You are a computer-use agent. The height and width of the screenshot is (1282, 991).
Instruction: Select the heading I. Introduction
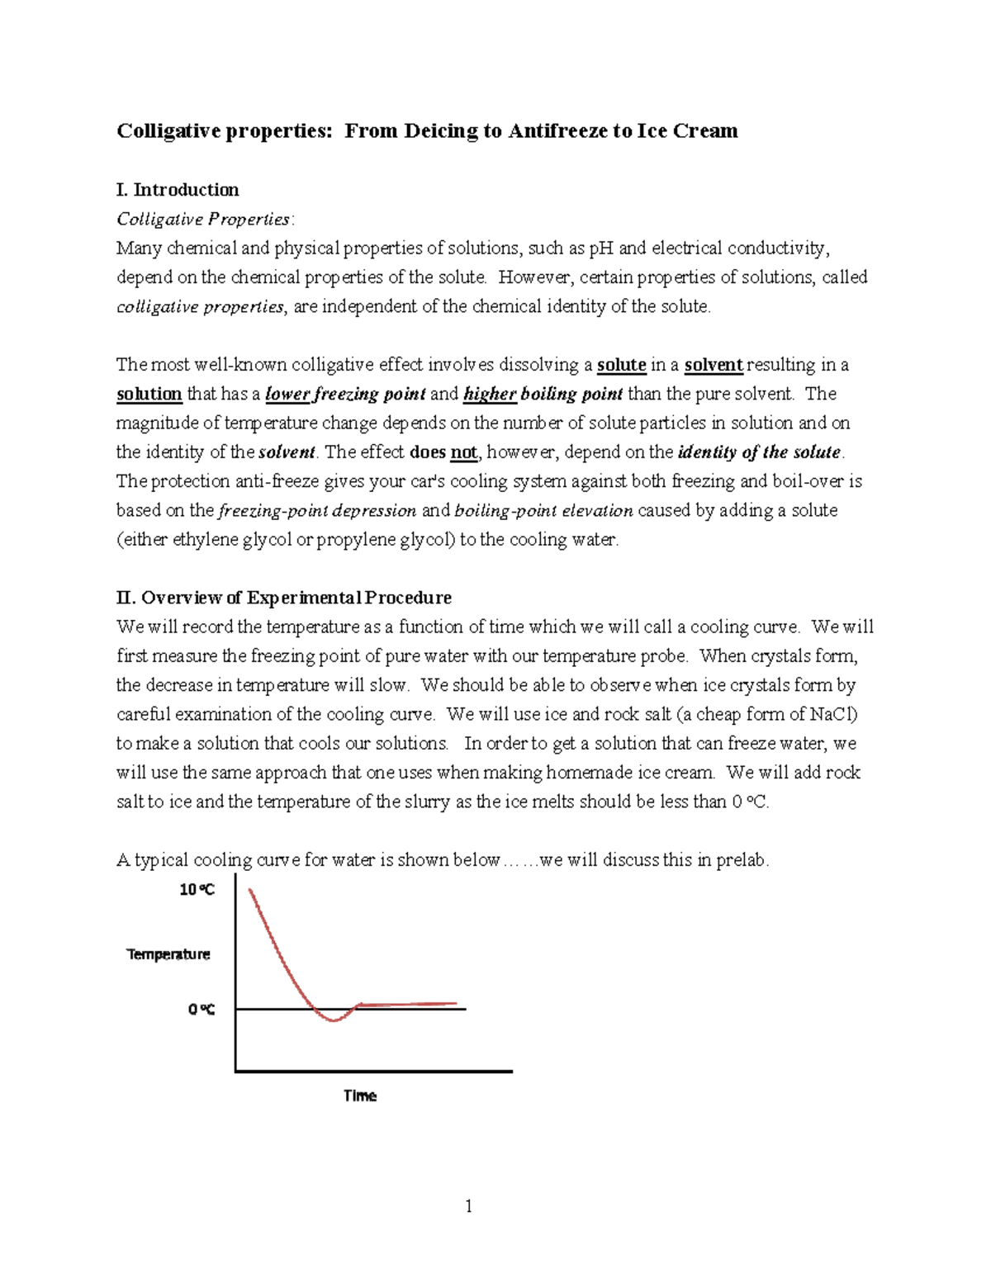(178, 190)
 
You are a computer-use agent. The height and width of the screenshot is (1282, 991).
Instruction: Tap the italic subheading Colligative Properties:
(205, 220)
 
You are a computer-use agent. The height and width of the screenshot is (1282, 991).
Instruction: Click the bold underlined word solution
(149, 395)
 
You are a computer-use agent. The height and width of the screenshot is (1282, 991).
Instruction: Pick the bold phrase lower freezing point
(345, 395)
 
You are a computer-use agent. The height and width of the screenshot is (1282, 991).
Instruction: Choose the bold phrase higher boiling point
(543, 395)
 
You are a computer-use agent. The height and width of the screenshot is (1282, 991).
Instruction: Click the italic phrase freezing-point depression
(317, 511)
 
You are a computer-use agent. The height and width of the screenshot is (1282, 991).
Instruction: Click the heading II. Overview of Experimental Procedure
(284, 598)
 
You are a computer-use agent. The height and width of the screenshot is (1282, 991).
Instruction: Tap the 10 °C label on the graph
(197, 890)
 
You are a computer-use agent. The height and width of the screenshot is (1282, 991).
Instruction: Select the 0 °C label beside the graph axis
(202, 1010)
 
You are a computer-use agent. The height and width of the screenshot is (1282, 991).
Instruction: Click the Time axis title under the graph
(360, 1096)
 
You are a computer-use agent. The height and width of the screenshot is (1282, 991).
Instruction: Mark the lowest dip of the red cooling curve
(333, 1021)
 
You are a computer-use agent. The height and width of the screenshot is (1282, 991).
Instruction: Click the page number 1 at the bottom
(469, 1207)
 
